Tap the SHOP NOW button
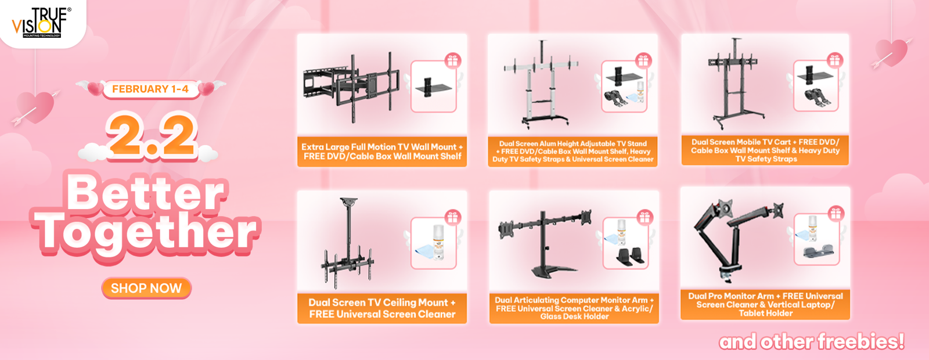pyautogui.click(x=146, y=288)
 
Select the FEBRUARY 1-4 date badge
pyautogui.click(x=150, y=89)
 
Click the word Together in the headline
pyautogui.click(x=146, y=233)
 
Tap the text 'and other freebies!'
pyautogui.click(x=812, y=342)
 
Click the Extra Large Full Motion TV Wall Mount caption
pyautogui.click(x=382, y=152)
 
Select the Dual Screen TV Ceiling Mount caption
pyautogui.click(x=382, y=308)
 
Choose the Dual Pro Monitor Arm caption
pyautogui.click(x=765, y=304)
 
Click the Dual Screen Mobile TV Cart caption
pyautogui.click(x=765, y=150)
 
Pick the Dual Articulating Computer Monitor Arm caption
pyautogui.click(x=574, y=308)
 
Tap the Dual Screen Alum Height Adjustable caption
pyautogui.click(x=572, y=152)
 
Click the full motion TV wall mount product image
pyautogui.click(x=352, y=87)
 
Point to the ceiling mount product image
pyautogui.click(x=348, y=243)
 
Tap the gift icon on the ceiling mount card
pyautogui.click(x=453, y=217)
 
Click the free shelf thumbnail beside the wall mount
pyautogui.click(x=433, y=87)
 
